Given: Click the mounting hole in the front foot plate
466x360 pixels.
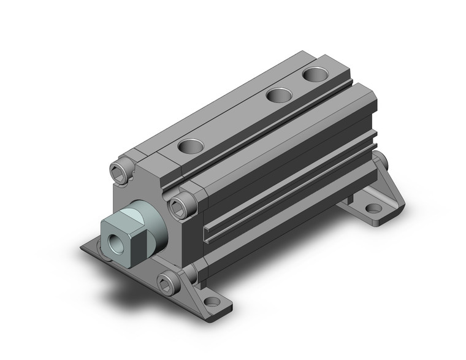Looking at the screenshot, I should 212,302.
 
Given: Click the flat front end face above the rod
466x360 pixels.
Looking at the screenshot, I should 147,190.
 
